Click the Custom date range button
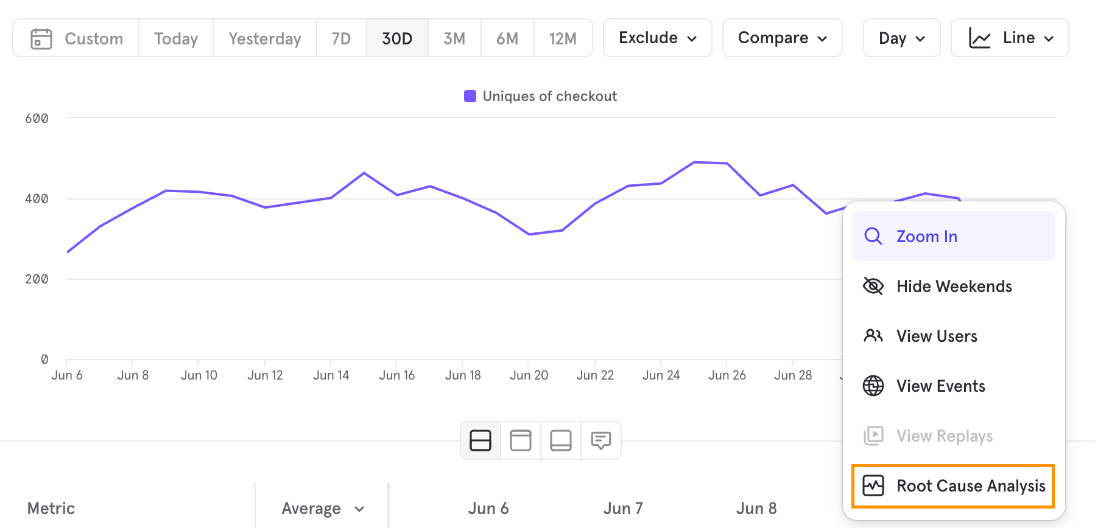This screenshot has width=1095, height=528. coord(76,38)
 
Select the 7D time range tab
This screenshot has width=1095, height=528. coord(341,38)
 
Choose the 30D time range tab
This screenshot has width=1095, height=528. coord(397,38)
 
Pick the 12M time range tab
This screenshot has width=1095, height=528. coord(563,38)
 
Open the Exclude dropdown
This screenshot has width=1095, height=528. coord(658,38)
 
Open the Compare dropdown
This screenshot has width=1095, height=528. coord(783,38)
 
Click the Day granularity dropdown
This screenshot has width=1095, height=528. coord(902,38)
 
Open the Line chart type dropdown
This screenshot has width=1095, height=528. coord(1010,38)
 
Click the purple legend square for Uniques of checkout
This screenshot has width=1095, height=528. coord(470,96)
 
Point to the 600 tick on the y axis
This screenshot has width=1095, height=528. coord(37,118)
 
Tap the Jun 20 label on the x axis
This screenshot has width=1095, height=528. coord(529,375)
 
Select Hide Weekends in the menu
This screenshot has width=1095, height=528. coord(954,286)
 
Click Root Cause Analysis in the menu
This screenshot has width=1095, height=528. coord(954,486)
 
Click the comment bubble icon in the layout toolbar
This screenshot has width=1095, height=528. coord(601,440)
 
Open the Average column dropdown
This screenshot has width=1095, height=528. coord(322,509)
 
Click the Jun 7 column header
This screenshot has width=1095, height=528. coord(623,509)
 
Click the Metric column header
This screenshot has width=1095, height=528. coord(51,509)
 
